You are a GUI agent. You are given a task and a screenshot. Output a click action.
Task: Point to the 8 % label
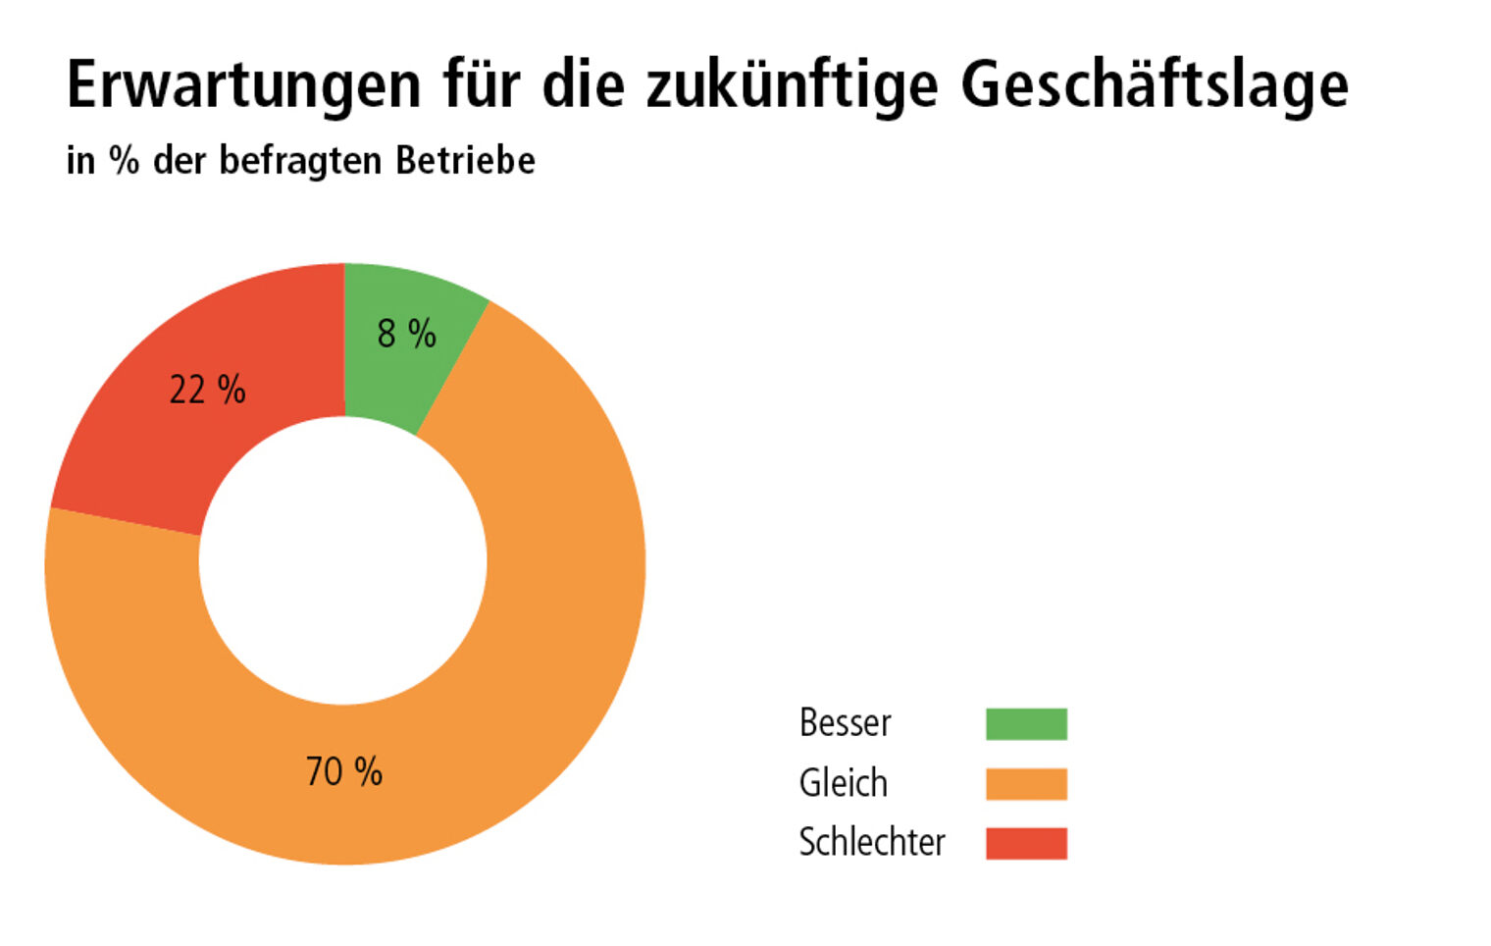pyautogui.click(x=406, y=334)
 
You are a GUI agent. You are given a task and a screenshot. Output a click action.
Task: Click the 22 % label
pyautogui.click(x=207, y=390)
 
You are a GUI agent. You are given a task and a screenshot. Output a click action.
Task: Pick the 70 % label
pyautogui.click(x=343, y=771)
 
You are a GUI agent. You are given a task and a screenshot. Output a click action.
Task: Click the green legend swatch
pyautogui.click(x=1026, y=724)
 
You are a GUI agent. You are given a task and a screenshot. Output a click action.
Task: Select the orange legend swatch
pyautogui.click(x=1026, y=784)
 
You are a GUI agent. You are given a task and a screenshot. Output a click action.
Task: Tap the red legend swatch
pyautogui.click(x=1026, y=843)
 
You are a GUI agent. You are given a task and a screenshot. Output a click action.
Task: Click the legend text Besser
pyautogui.click(x=845, y=723)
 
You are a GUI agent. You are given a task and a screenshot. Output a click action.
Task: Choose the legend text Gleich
pyautogui.click(x=843, y=783)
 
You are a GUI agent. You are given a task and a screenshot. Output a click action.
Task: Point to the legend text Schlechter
pyautogui.click(x=871, y=842)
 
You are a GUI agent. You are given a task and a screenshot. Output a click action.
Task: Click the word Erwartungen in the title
pyautogui.click(x=243, y=85)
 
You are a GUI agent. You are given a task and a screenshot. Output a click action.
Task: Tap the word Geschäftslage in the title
pyautogui.click(x=1155, y=85)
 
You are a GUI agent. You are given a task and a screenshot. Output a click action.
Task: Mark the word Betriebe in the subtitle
pyautogui.click(x=465, y=160)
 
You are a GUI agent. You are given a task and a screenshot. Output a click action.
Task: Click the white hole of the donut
pyautogui.click(x=343, y=560)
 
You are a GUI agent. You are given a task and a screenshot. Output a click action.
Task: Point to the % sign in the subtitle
pyautogui.click(x=124, y=160)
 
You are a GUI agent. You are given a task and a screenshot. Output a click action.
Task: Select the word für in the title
pyautogui.click(x=481, y=85)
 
